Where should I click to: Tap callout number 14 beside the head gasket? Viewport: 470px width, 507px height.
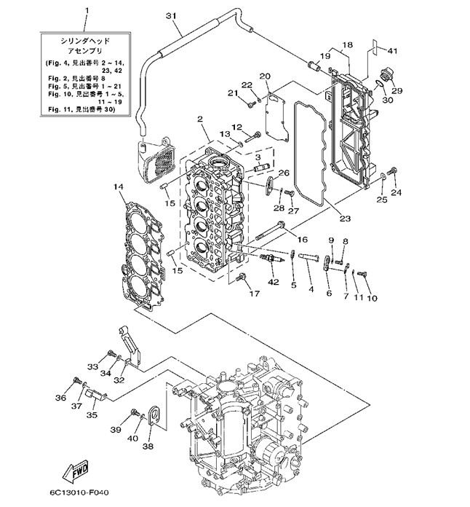click(119, 187)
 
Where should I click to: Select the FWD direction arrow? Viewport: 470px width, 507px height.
click(77, 471)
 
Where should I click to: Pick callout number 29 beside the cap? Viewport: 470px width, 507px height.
click(397, 90)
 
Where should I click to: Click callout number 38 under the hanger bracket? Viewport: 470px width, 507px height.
click(148, 446)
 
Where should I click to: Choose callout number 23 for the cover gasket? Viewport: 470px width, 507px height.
click(343, 217)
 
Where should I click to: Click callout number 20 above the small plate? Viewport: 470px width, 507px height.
click(264, 76)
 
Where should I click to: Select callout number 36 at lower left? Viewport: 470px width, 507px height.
click(60, 397)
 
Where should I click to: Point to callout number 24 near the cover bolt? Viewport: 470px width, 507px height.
click(396, 193)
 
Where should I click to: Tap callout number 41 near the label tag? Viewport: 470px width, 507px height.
click(392, 50)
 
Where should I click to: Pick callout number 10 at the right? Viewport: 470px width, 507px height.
click(372, 298)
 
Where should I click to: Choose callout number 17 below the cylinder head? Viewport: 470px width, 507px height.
click(254, 294)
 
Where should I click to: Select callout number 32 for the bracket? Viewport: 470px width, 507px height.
click(119, 380)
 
